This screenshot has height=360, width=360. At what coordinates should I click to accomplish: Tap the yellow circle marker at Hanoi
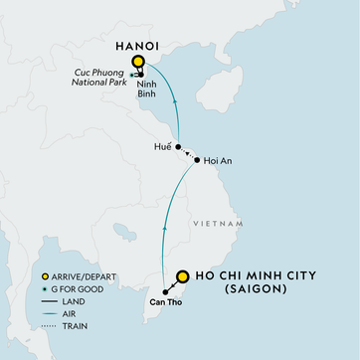pyautogui.click(x=137, y=62)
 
